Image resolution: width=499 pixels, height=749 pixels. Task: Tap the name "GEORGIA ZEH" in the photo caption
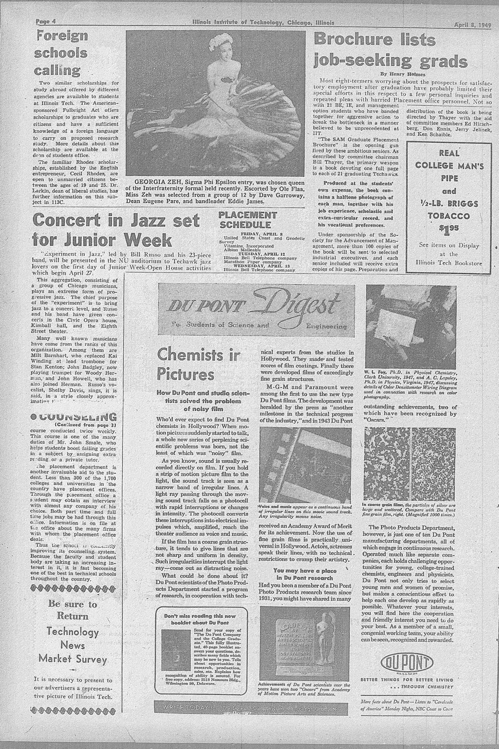tap(151, 182)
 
